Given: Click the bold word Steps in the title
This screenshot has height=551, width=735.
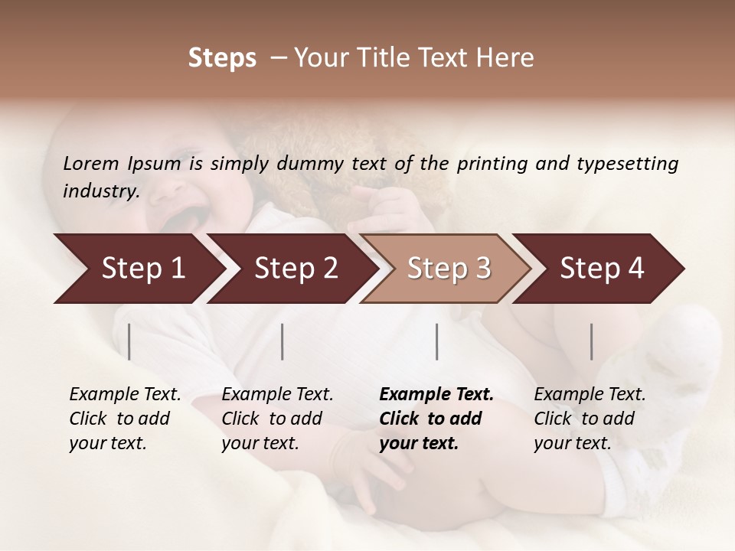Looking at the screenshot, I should pyautogui.click(x=222, y=58).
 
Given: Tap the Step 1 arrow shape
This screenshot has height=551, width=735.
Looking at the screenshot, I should pyautogui.click(x=138, y=269).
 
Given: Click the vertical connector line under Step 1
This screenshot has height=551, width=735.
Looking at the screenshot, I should pyautogui.click(x=129, y=341).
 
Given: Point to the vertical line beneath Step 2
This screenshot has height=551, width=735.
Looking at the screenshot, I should pyautogui.click(x=283, y=341).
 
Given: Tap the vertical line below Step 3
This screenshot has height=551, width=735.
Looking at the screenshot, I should pyautogui.click(x=437, y=341).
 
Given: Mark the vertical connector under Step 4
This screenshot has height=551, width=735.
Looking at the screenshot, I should pyautogui.click(x=592, y=341).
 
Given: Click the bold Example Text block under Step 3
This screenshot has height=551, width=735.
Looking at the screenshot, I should pyautogui.click(x=436, y=419).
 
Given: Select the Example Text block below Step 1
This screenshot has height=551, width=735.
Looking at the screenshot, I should pyautogui.click(x=125, y=419).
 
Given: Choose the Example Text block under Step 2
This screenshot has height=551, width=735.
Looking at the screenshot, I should pyautogui.click(x=277, y=419).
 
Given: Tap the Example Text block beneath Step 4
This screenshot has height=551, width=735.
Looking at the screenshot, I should pyautogui.click(x=590, y=419).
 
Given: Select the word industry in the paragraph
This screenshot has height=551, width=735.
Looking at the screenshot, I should pyautogui.click(x=101, y=191).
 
